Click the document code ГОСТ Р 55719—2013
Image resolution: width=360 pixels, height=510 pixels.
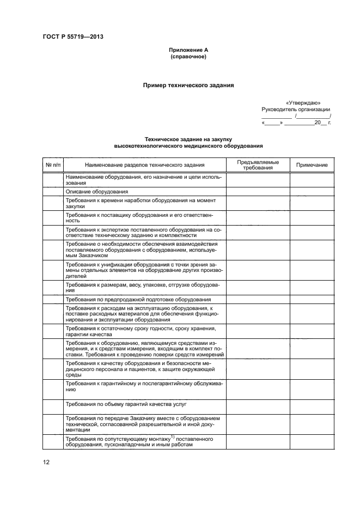coord(72,37)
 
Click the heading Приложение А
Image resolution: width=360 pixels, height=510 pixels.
coord(188,50)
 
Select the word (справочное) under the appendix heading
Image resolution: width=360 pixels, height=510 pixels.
coord(188,57)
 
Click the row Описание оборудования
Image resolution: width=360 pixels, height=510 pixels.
coord(96,191)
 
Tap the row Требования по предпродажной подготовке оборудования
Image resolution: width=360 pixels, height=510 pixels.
coord(138,299)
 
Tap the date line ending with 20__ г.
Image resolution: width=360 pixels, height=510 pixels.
coord(297,123)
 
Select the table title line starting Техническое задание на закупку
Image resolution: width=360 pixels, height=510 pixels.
coord(188,139)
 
